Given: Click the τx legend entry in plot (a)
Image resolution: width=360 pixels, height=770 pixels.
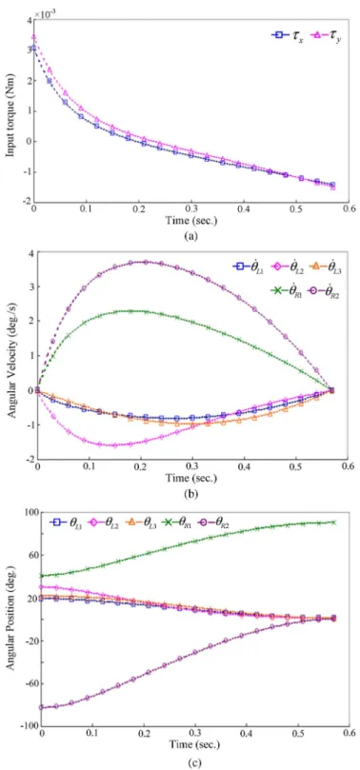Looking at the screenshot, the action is tap(288, 35).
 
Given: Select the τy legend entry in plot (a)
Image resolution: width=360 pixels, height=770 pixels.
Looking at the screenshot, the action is tap(326, 35).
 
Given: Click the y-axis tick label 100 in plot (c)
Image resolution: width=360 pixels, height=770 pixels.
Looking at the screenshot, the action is tap(30, 513).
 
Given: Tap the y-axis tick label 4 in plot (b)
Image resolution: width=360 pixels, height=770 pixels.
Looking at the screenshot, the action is tap(30, 253).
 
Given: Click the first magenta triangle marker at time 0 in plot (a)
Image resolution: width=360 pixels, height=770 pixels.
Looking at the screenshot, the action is tap(33, 36).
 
